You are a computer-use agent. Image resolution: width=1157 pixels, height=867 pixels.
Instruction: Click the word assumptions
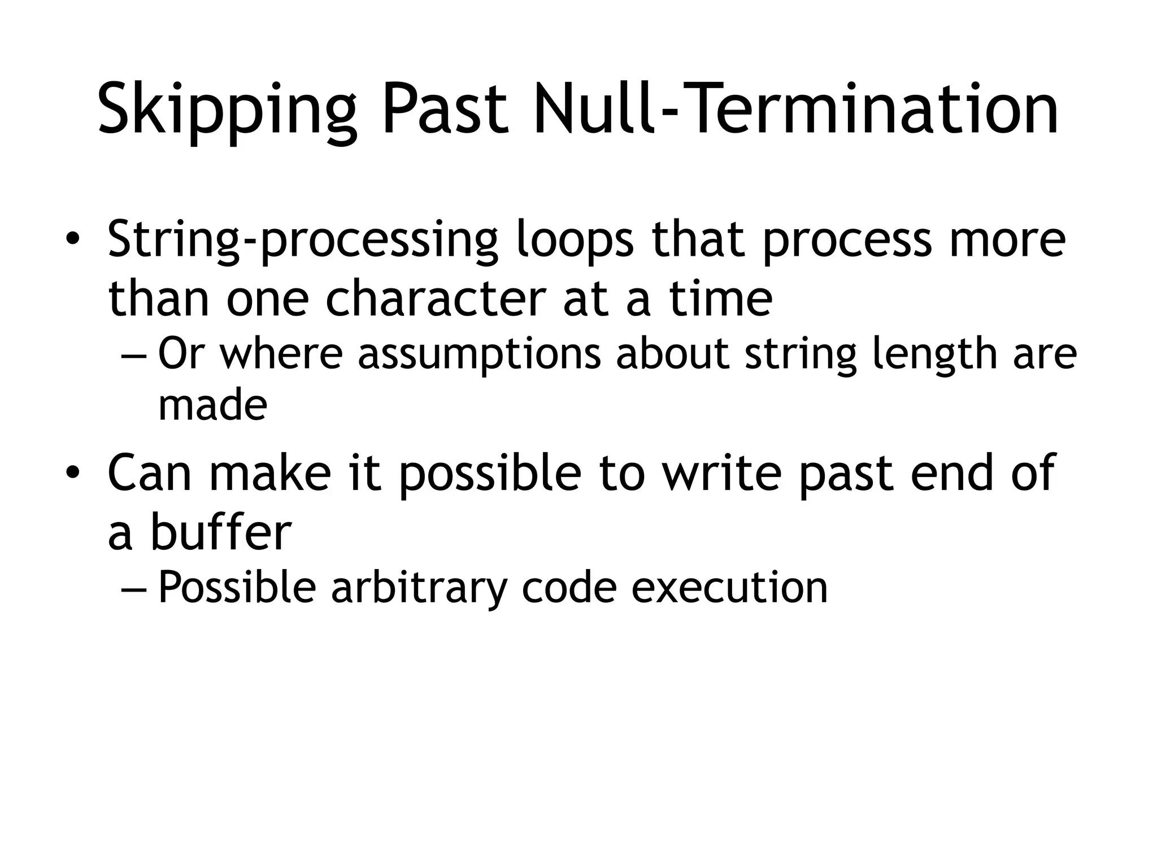coord(480,354)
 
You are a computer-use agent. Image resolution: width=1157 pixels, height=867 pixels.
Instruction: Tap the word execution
coord(729,587)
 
